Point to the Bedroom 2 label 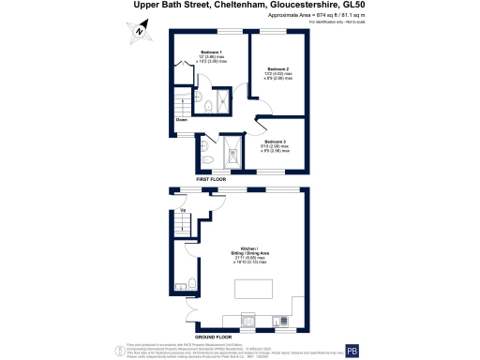(x=277, y=69)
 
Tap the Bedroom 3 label (x=275, y=141)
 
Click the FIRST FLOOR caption (x=213, y=178)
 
